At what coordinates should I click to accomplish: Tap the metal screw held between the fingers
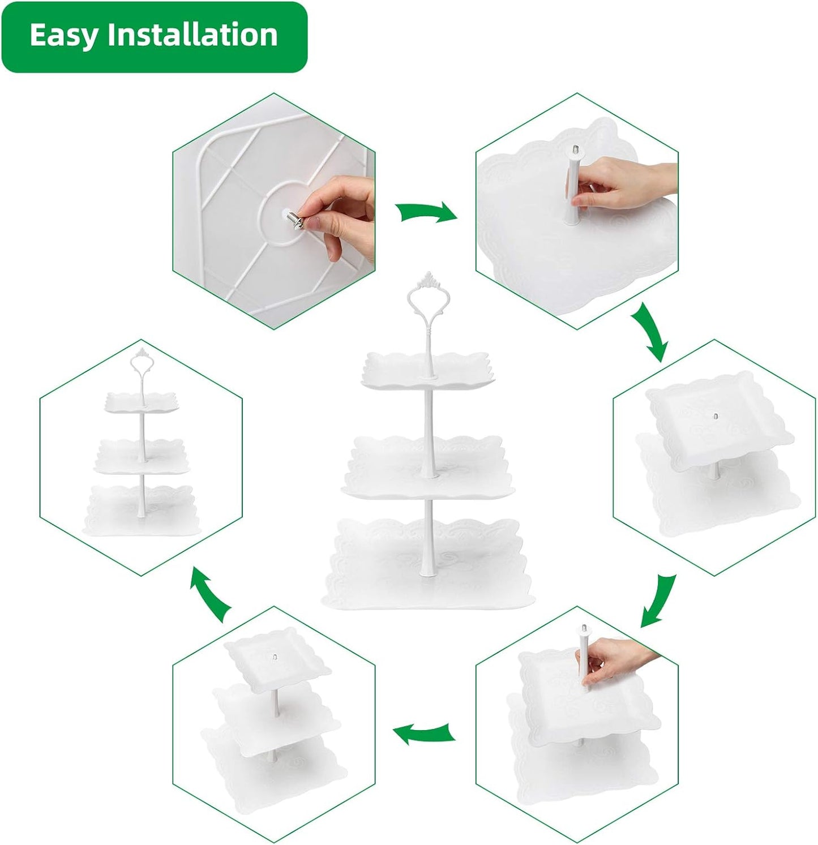tap(295, 218)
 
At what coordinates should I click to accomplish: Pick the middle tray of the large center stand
tap(427, 467)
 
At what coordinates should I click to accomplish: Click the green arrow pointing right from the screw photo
tap(426, 212)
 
